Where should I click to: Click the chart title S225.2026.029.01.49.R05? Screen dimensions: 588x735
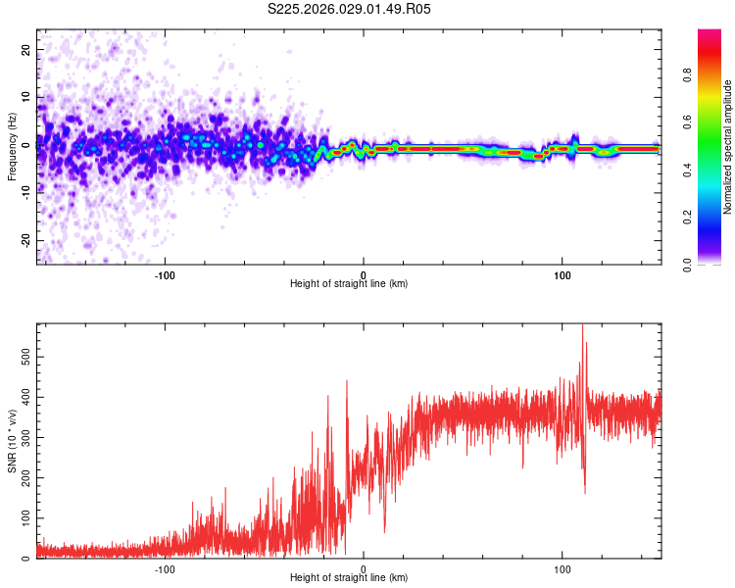tap(350, 9)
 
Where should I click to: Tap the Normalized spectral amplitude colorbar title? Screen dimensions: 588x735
tap(728, 147)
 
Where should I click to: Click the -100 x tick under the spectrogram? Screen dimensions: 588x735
tap(164, 273)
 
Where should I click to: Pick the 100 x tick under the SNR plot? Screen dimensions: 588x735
tap(563, 567)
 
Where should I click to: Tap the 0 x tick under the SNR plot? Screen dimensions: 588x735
tap(364, 567)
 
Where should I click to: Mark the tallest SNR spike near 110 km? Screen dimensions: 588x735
tap(583, 326)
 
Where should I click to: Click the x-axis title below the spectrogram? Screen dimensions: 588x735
tap(350, 284)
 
